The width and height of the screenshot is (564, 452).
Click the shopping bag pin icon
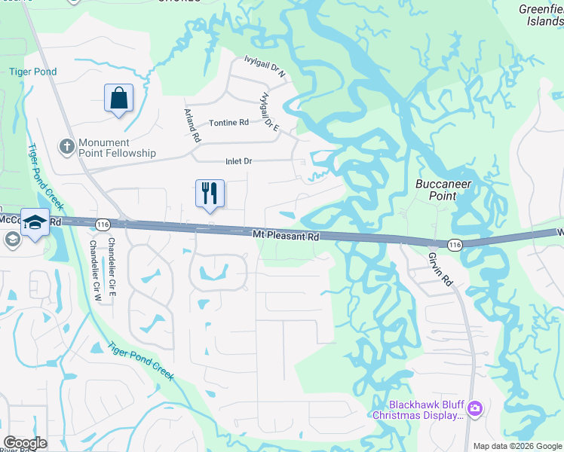(119, 99)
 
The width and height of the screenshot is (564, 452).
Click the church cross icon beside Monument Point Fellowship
(67, 147)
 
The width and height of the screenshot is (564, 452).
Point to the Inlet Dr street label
(238, 161)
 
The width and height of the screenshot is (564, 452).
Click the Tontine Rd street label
(228, 123)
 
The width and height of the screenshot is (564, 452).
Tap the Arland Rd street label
(192, 126)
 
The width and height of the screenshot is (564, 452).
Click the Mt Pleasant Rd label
(286, 237)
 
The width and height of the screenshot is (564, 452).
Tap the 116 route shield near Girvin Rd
(454, 245)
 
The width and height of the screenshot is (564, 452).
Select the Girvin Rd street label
(441, 269)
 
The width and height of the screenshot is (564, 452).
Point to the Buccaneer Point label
(437, 190)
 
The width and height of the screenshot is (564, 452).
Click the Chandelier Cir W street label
(96, 261)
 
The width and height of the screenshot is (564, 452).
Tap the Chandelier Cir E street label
(112, 257)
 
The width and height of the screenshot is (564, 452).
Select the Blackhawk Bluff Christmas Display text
(418, 410)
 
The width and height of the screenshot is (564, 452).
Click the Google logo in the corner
(25, 443)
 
